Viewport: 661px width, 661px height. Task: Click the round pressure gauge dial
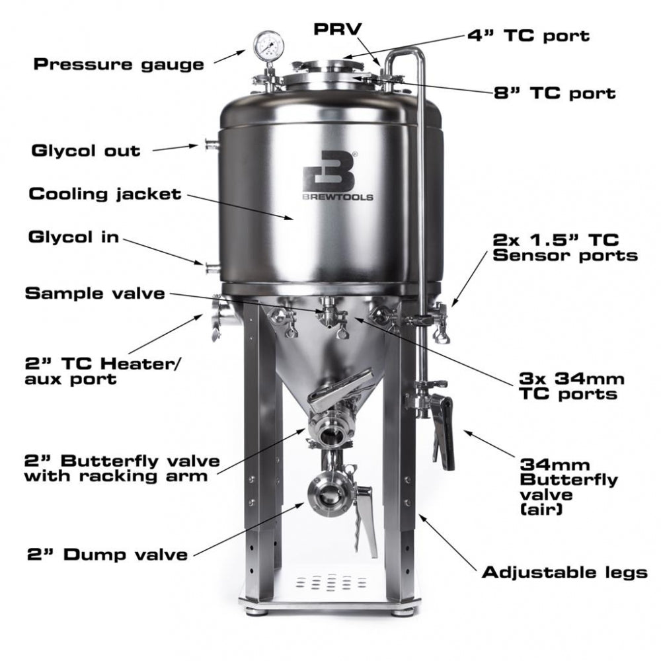pos(266,44)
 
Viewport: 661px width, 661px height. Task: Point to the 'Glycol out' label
pos(86,150)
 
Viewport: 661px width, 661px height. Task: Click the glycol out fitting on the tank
pos(212,145)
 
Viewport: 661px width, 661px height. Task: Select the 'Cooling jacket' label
pos(104,194)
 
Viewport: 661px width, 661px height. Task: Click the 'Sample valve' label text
pos(95,293)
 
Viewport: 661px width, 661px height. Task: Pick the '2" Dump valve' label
pos(107,554)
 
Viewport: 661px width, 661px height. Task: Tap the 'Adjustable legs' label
pos(564,572)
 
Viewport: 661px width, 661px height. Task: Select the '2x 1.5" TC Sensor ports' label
pos(565,247)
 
